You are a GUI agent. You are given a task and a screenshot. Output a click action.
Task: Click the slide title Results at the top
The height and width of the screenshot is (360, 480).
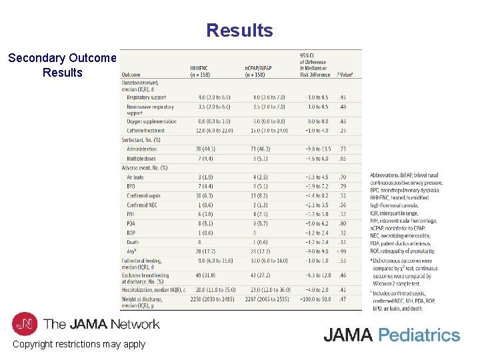239,31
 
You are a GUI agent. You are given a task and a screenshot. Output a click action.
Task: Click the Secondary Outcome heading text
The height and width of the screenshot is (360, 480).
62,58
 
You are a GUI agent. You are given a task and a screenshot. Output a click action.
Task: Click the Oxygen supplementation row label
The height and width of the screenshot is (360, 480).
151,121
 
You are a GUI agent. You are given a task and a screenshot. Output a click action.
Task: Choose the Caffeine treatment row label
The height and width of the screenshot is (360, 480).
145,130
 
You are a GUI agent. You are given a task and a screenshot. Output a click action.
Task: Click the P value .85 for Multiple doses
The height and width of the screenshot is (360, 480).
342,159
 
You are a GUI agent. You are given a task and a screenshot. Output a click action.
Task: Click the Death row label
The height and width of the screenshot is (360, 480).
133,242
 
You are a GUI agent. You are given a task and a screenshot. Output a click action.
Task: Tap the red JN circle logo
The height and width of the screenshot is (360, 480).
25,324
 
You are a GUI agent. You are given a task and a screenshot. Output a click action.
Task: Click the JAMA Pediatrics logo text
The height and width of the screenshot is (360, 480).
391,335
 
